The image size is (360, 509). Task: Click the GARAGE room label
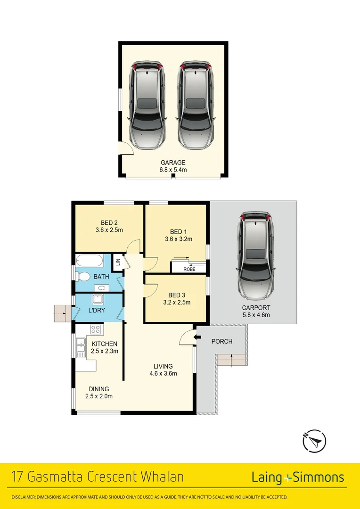tap(174, 163)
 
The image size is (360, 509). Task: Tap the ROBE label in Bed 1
tap(189, 269)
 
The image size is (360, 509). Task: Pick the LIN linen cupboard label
tap(118, 262)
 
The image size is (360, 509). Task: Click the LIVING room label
tap(163, 366)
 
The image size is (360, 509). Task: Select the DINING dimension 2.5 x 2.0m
tap(99, 396)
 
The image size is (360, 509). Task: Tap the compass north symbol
tap(314, 442)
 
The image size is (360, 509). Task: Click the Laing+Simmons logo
tap(297, 477)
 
